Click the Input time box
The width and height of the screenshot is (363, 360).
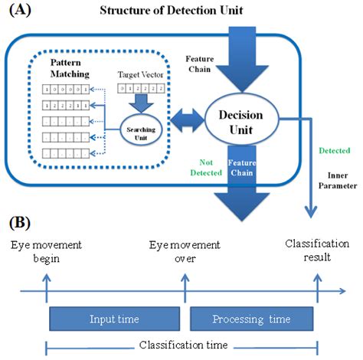[113, 318]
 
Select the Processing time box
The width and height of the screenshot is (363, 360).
[251, 318]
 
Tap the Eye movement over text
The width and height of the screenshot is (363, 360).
[183, 251]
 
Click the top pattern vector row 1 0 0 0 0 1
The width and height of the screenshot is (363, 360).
[64, 90]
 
